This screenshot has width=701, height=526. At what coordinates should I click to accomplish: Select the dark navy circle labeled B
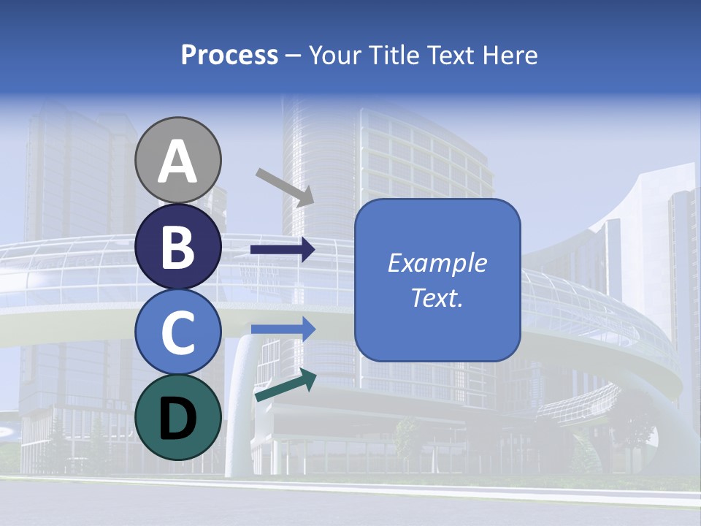177,246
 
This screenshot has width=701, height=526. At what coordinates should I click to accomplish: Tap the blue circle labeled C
177,332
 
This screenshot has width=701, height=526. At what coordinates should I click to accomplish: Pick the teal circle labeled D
177,417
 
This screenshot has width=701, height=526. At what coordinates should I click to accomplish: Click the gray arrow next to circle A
285,186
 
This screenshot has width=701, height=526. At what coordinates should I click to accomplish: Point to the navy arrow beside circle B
283,250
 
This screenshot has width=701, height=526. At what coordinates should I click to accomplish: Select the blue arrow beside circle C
283,329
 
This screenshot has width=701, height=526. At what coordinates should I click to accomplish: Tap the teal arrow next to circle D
286,385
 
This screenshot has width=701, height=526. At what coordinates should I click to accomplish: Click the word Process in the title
229,56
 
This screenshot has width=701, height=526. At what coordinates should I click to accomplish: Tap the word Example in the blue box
437,263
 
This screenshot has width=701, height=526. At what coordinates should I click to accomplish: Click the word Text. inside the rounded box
437,297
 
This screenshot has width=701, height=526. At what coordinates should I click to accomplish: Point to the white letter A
177,162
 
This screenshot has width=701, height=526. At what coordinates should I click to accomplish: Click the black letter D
177,418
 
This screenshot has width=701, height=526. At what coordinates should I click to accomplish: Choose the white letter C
177,333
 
